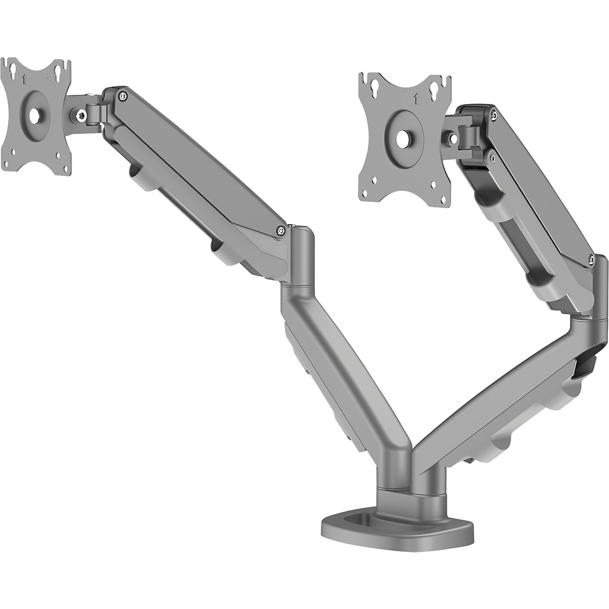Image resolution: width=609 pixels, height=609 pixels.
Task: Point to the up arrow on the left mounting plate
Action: coord(24,79)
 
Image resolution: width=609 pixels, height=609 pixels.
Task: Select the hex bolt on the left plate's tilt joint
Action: coord(81,116)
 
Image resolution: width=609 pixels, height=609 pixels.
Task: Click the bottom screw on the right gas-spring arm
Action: coord(592,259)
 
